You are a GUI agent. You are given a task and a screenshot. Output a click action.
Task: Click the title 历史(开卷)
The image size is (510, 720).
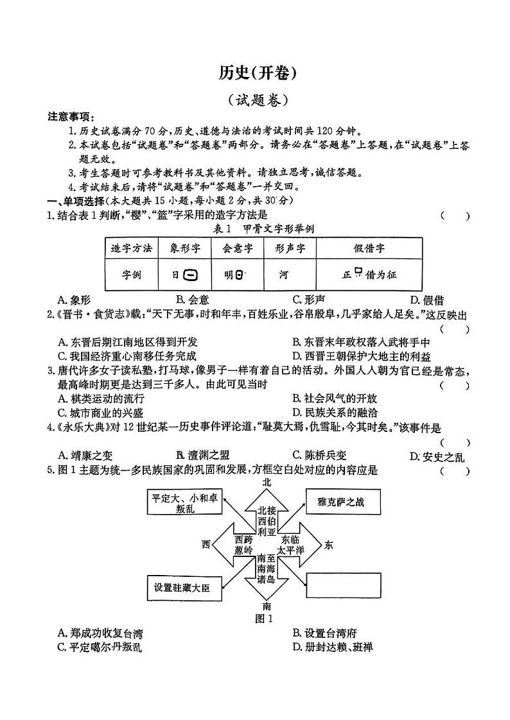tap(256, 74)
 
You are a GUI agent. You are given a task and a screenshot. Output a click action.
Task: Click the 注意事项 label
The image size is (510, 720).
tap(71, 117)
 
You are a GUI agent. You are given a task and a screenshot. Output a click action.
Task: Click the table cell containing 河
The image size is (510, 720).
tap(284, 275)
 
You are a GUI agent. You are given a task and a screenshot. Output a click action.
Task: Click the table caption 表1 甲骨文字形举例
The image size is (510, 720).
tap(255, 229)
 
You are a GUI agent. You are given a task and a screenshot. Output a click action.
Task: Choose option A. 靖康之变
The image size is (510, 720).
tap(85, 456)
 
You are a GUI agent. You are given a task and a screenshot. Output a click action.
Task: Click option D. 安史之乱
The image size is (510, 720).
tap(436, 457)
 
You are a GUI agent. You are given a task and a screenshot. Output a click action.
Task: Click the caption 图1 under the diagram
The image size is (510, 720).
tap(264, 619)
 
